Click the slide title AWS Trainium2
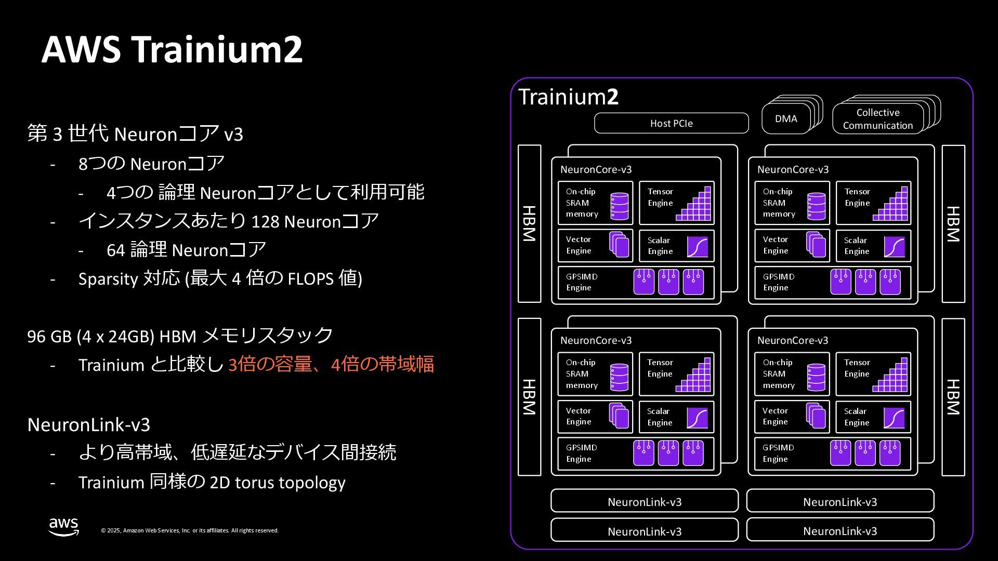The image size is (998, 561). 172,49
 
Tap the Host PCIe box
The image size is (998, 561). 671,123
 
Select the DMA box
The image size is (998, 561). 786,119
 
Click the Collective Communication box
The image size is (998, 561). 877,119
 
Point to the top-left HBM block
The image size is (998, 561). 529,223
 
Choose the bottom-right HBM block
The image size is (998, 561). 953,397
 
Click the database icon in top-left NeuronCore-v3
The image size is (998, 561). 619,206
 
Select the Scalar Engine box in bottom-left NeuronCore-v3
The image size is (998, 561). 676,417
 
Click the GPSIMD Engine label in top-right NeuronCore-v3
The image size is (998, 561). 779,282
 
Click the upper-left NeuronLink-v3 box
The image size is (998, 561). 644,501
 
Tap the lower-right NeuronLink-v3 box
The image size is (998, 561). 839,530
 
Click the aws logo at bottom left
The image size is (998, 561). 63,526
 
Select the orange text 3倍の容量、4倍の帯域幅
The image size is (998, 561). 331,364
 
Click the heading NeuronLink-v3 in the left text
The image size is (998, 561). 89,425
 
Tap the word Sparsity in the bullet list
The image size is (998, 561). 108,279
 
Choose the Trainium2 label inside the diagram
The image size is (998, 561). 568,97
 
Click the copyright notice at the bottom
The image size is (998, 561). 190,530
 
